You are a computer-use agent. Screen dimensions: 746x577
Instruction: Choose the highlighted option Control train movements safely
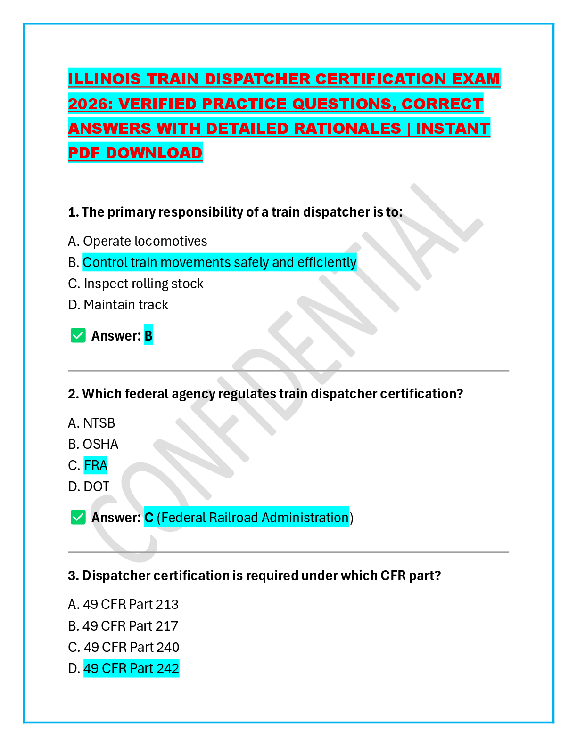tap(219, 262)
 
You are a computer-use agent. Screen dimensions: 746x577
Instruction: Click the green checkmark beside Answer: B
tap(78, 336)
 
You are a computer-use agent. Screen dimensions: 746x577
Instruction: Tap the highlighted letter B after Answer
tap(148, 336)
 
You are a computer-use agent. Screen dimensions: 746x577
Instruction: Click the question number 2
tap(73, 394)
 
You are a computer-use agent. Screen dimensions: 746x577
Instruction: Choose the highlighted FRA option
tap(96, 465)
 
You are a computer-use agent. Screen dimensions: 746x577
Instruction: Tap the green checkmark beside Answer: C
tap(78, 517)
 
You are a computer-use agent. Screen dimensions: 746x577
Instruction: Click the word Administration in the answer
tap(305, 518)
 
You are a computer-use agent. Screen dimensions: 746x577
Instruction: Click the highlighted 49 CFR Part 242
tap(131, 668)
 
